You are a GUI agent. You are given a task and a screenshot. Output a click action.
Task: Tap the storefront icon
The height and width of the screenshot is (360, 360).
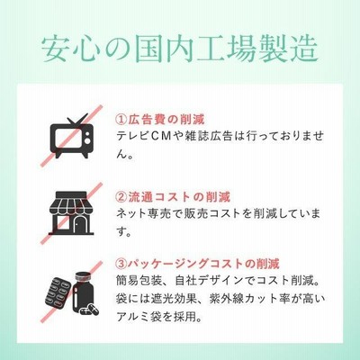coord(72,212)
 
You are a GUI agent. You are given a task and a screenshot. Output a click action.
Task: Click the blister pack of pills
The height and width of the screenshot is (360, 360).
coord(58,292)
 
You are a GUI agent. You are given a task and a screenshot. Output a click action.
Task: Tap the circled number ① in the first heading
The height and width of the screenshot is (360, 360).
coord(121,120)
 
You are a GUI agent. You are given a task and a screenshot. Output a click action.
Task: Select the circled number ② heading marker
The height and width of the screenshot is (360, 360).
coord(121,197)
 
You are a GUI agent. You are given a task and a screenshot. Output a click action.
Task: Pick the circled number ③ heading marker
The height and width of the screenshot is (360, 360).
coord(121,264)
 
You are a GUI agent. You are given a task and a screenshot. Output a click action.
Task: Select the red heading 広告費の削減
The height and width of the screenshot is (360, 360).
coord(166,120)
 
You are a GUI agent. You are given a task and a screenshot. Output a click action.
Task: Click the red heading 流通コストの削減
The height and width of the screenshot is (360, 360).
coord(179,197)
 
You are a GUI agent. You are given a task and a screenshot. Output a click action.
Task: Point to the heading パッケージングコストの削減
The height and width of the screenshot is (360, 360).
coord(204,264)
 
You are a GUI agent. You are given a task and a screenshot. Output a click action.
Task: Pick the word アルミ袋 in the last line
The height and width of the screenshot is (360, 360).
coord(139,317)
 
